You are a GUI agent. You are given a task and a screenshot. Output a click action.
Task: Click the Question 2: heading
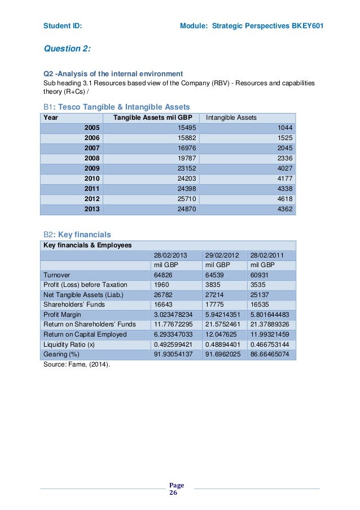point(67,49)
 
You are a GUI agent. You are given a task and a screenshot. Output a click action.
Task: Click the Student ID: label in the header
point(63,26)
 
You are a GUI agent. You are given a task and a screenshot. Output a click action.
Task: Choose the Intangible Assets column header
point(231,117)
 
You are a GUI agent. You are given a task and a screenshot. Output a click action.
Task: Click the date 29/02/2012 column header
point(222,255)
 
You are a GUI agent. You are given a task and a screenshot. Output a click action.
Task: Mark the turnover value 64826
point(164,275)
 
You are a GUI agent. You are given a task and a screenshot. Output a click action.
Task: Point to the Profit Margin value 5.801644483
point(270,315)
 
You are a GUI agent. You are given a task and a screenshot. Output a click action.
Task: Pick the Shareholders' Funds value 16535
point(261,305)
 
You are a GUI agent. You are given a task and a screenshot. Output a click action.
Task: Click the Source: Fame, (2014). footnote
point(77,365)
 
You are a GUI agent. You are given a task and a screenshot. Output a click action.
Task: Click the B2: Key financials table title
point(77,234)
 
